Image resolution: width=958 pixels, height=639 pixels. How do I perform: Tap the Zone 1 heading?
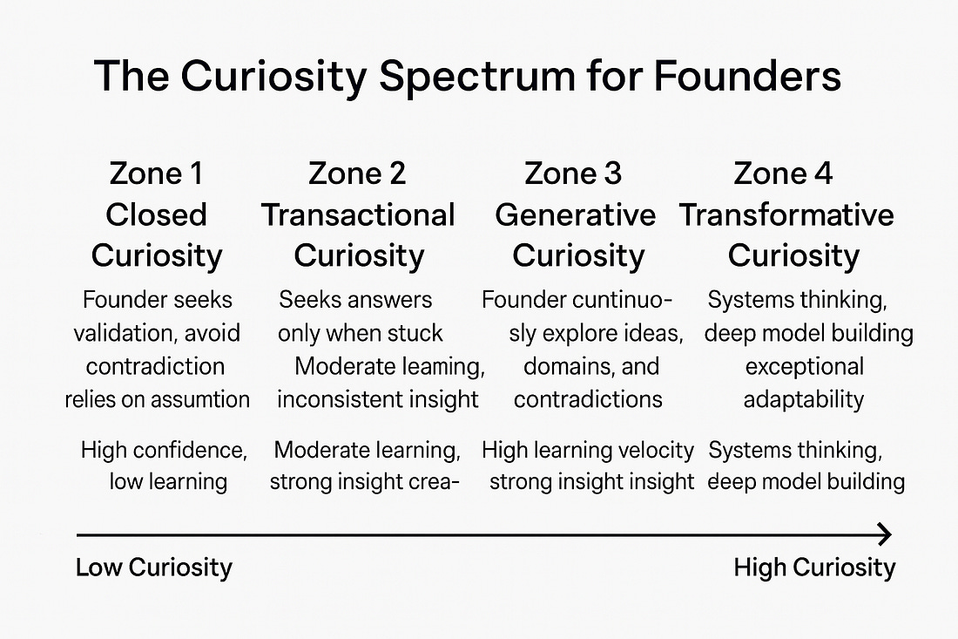coord(156,173)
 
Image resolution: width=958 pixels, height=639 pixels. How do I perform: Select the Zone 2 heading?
coord(357,173)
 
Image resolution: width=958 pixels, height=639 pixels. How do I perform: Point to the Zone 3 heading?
coord(573,173)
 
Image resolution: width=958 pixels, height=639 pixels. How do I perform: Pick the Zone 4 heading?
coord(783,173)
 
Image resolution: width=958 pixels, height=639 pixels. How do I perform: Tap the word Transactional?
coord(358,214)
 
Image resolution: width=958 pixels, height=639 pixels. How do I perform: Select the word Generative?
coord(575,214)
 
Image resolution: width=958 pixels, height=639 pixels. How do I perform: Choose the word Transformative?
coord(786,214)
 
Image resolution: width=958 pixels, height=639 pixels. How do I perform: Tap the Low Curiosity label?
coord(154,568)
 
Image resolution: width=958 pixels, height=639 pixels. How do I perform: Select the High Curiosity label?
coord(813,568)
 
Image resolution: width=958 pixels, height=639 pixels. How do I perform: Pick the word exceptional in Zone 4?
coord(804,366)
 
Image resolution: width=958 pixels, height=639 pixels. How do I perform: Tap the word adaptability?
coord(804,399)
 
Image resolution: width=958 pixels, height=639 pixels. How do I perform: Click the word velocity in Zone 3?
coord(652,450)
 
